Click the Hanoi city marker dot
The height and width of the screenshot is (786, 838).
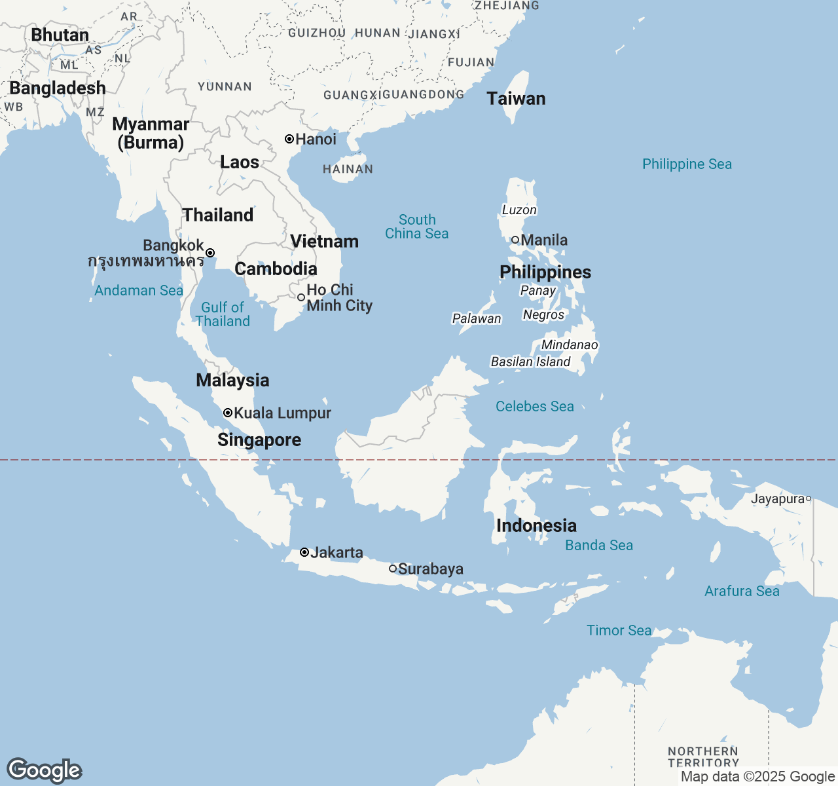289,139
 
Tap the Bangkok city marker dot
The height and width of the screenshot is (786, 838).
210,253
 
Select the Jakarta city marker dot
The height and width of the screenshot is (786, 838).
304,552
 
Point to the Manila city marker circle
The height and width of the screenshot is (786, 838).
515,240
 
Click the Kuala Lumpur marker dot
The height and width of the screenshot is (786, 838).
228,413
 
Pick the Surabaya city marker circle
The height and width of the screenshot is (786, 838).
393,569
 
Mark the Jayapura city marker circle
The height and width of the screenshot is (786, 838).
809,499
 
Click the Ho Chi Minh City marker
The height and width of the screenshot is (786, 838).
301,297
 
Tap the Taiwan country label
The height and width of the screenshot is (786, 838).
516,99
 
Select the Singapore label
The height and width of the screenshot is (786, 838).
259,440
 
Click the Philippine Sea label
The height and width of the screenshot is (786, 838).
687,164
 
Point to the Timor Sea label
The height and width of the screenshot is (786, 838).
619,631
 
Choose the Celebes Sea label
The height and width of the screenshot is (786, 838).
534,407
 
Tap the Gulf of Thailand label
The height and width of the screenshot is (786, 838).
223,314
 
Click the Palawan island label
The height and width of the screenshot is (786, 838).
477,319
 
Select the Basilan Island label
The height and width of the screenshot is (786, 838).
530,362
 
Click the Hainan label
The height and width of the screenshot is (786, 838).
348,169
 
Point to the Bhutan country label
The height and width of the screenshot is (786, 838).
60,35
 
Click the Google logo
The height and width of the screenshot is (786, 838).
44,771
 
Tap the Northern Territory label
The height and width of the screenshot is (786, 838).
703,757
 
